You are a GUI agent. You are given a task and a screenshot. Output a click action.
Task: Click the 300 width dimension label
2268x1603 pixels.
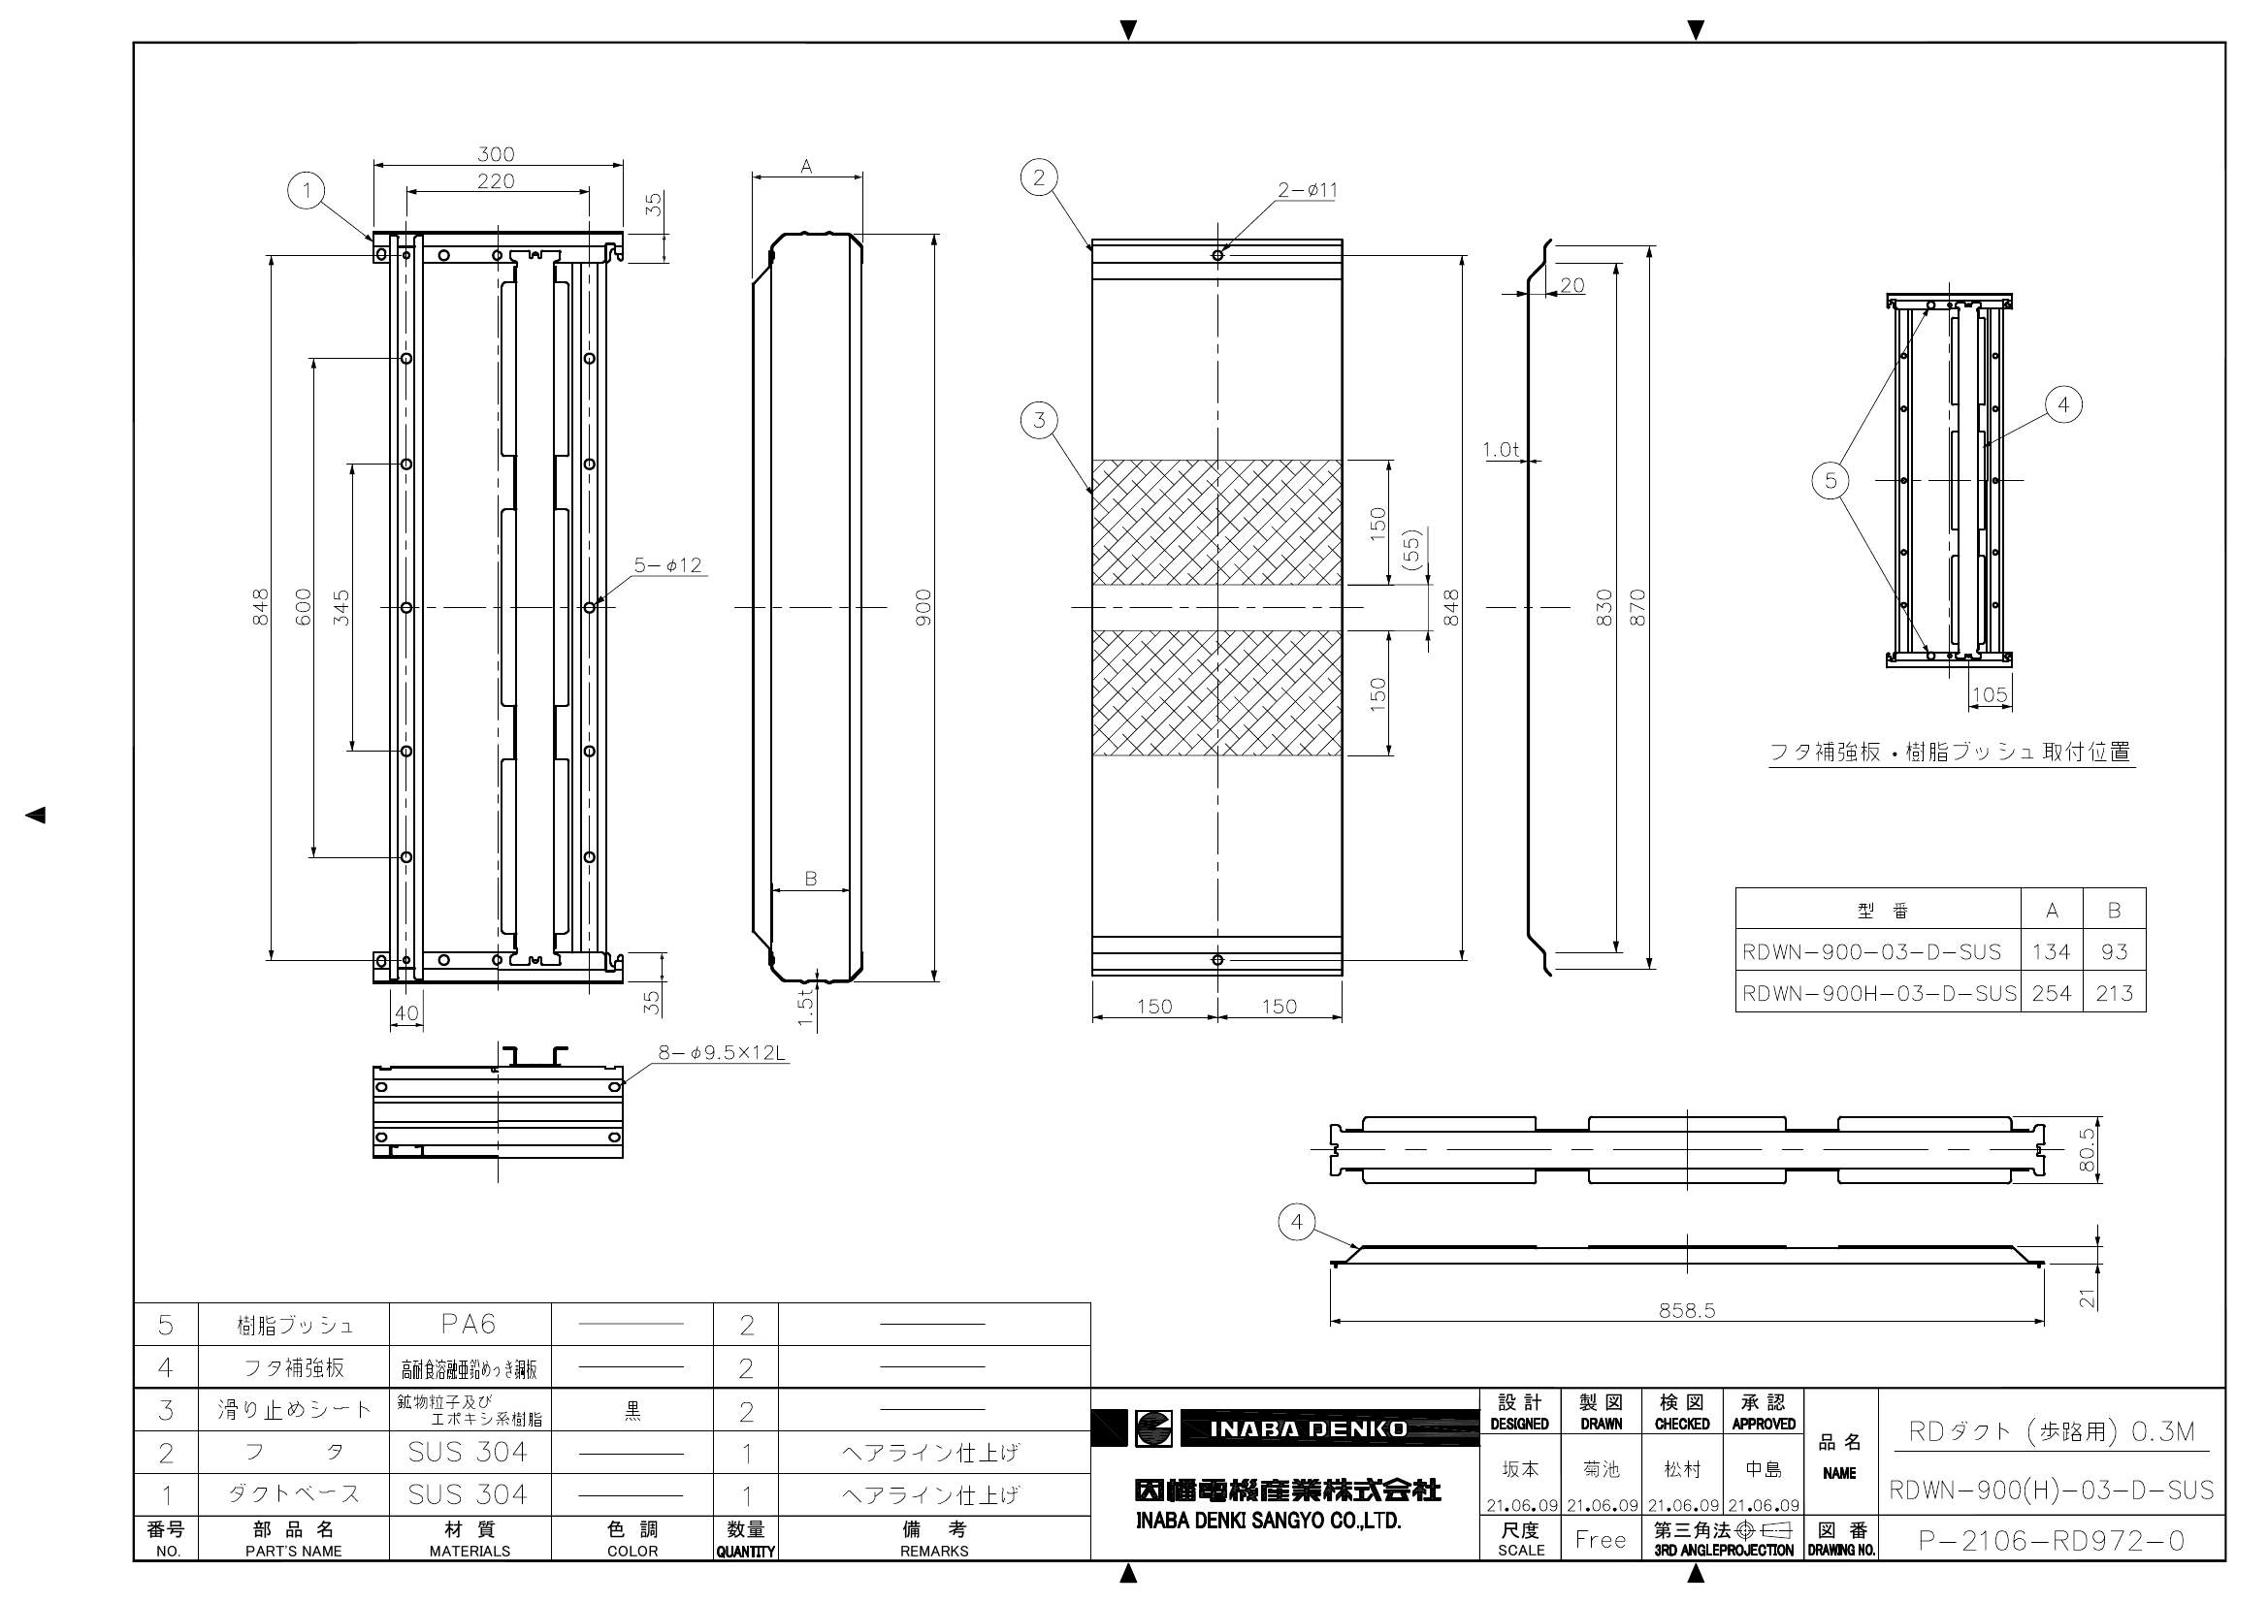pyautogui.click(x=496, y=154)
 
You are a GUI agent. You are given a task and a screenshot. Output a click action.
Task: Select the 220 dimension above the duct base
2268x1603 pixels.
pyautogui.click(x=496, y=180)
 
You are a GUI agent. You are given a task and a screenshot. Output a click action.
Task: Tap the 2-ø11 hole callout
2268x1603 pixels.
pyautogui.click(x=1308, y=190)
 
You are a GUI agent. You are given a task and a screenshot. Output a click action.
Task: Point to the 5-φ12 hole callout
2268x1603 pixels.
pyautogui.click(x=667, y=565)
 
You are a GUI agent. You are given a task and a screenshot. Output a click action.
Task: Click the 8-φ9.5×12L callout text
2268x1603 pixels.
pyautogui.click(x=722, y=1053)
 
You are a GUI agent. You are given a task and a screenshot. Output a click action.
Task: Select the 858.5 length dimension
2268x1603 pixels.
pyautogui.click(x=1686, y=1311)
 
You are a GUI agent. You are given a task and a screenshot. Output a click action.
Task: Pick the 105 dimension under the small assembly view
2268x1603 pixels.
pyautogui.click(x=1990, y=695)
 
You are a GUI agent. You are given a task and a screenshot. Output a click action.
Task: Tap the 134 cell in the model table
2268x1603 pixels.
pyautogui.click(x=2051, y=951)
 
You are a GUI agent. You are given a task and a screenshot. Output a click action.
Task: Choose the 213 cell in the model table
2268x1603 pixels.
pyautogui.click(x=2114, y=993)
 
